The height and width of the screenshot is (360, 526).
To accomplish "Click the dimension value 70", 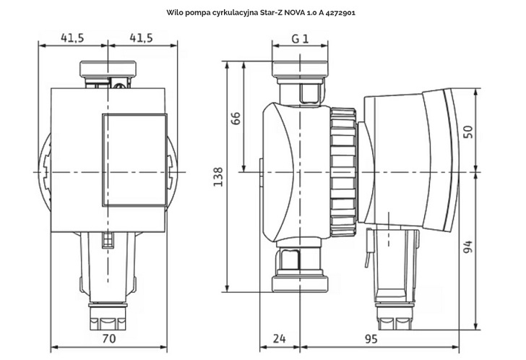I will [108, 338].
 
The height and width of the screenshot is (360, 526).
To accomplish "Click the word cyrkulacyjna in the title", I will [235, 13].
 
